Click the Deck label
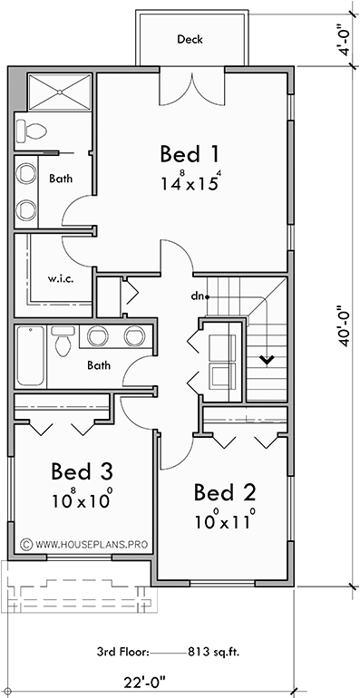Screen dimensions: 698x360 [190, 39]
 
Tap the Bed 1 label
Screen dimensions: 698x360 [190, 151]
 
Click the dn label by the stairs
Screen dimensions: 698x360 [196, 296]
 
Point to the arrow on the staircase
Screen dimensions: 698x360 [268, 360]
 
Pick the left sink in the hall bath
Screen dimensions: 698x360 [98, 336]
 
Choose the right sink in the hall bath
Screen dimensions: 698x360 [135, 336]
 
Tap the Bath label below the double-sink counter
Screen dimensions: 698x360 [99, 366]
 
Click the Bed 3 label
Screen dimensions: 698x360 [82, 471]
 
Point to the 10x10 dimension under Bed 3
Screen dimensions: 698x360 [82, 499]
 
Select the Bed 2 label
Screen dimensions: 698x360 [225, 492]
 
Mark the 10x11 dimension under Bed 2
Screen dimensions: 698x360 [225, 522]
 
